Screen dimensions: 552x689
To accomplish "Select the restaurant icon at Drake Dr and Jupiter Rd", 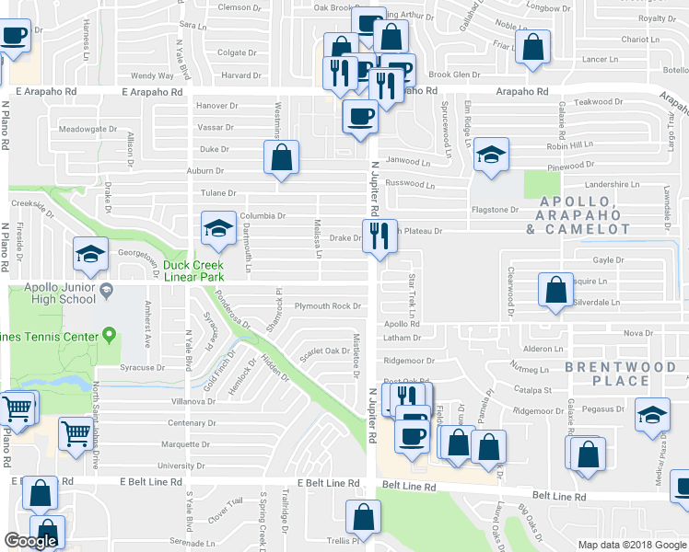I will [x=380, y=237].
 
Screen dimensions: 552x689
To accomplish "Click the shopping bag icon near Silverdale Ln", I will [x=556, y=291].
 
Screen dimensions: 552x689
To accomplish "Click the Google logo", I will [x=30, y=541].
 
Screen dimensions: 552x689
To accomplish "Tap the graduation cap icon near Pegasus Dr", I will [x=652, y=415].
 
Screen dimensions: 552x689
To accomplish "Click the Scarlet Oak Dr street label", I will [x=321, y=351].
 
